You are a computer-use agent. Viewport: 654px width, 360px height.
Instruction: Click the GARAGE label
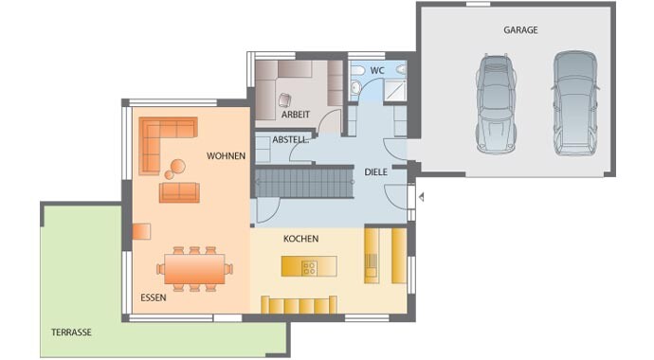pyautogui.click(x=520, y=30)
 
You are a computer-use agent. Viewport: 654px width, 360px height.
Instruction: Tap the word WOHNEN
pyautogui.click(x=227, y=155)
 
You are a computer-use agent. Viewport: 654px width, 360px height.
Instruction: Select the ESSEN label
pyautogui.click(x=154, y=297)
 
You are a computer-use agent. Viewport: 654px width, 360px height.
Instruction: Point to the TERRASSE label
pyautogui.click(x=71, y=333)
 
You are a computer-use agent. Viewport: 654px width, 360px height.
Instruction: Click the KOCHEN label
pyautogui.click(x=301, y=239)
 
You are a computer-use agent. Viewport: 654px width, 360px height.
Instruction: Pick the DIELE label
pyautogui.click(x=375, y=172)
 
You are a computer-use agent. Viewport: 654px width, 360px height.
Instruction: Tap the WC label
pyautogui.click(x=377, y=70)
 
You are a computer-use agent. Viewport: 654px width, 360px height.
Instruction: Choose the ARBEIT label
pyautogui.click(x=296, y=115)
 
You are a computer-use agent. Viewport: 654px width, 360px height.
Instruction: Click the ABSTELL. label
pyautogui.click(x=291, y=140)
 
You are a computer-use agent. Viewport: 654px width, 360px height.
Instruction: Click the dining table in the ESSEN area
pyautogui.click(x=195, y=269)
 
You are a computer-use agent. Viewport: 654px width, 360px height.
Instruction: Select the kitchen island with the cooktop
pyautogui.click(x=309, y=266)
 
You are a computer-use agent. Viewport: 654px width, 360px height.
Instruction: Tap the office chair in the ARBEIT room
pyautogui.click(x=285, y=100)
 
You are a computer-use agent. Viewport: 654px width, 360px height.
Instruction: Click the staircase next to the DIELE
pyautogui.click(x=304, y=183)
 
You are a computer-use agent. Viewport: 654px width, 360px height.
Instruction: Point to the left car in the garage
pyautogui.click(x=496, y=104)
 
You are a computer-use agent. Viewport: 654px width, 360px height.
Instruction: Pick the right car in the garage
pyautogui.click(x=575, y=103)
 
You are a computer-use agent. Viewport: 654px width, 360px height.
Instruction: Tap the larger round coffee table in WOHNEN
pyautogui.click(x=178, y=166)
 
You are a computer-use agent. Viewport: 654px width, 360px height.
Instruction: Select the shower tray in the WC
pyautogui.click(x=395, y=90)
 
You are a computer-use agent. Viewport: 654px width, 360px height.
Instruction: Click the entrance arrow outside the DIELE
pyautogui.click(x=422, y=197)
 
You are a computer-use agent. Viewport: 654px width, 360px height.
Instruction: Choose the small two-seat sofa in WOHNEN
pyautogui.click(x=179, y=192)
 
